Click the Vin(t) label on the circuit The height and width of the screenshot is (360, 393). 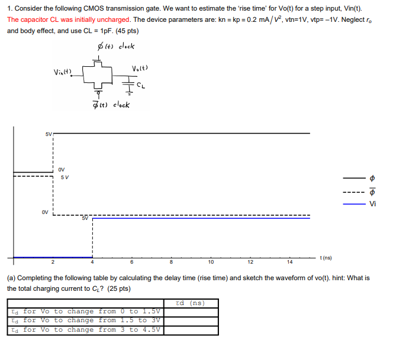[x=62, y=73]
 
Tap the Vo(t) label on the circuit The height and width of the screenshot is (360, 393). [x=140, y=69]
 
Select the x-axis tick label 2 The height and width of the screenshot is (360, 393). [x=53, y=262]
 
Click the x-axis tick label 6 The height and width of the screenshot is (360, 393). [x=132, y=262]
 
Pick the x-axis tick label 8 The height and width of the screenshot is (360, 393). [x=172, y=262]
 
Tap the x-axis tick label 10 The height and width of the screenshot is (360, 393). [x=211, y=262]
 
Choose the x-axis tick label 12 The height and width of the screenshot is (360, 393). [x=250, y=262]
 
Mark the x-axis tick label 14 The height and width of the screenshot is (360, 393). [x=289, y=262]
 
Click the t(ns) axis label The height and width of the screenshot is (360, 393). [x=326, y=258]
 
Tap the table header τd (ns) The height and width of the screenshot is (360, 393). [x=191, y=303]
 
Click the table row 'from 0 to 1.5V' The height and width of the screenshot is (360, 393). [x=86, y=312]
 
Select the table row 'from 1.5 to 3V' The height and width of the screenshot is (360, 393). [x=86, y=320]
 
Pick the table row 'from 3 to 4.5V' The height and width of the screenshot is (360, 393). [x=86, y=329]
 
